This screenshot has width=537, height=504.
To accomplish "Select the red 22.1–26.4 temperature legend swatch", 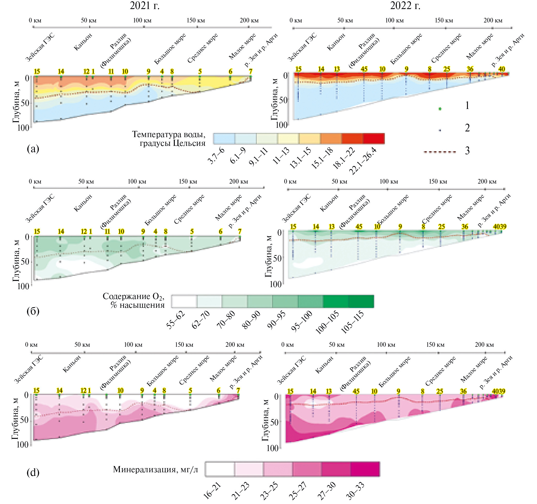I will [373, 138].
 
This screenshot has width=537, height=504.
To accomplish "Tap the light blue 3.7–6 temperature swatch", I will [224, 138].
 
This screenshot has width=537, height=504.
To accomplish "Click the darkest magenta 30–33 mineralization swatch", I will [365, 469].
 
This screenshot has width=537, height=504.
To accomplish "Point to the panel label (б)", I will [33, 311].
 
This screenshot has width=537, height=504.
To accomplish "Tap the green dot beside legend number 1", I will [440, 109].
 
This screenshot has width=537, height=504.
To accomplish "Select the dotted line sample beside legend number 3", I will [440, 152].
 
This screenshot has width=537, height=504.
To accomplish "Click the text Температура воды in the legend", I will [169, 134].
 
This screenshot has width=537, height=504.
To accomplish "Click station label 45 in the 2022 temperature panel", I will [364, 69].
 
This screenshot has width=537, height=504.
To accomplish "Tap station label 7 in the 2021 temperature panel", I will [251, 71].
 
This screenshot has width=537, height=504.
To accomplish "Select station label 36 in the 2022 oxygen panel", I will [465, 226].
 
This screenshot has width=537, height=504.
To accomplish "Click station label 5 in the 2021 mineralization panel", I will [190, 391].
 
